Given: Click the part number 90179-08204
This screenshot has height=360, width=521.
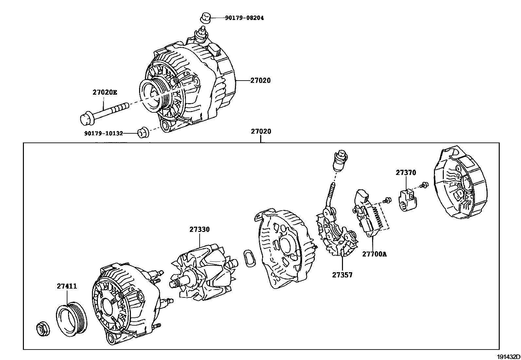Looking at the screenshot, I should click(x=244, y=18).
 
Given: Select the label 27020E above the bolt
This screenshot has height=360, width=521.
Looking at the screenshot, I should click(x=104, y=92).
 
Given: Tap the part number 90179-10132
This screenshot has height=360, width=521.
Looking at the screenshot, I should click(x=103, y=133).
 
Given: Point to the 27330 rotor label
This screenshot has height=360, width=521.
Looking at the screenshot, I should click(x=199, y=229).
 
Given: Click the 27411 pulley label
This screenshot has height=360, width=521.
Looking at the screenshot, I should click(x=67, y=286).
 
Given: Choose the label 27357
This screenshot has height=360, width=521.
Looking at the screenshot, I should click(x=342, y=275).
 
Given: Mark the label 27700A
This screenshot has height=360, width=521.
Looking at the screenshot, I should click(x=374, y=254).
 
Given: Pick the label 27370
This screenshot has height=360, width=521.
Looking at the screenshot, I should click(x=406, y=173).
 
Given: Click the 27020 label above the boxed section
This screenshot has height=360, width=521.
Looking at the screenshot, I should click(x=261, y=131).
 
